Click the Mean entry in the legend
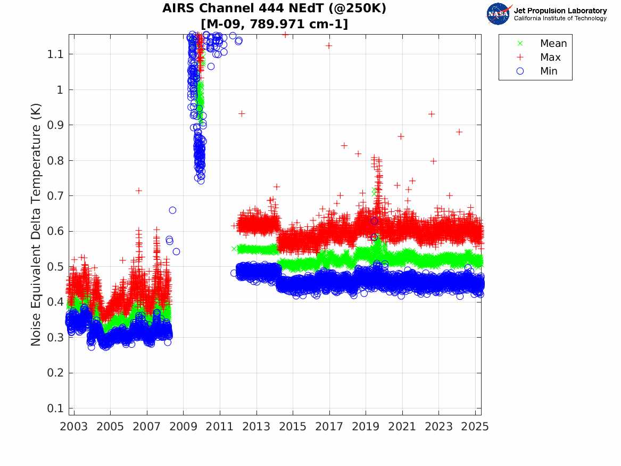(x=553, y=43)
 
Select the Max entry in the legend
(x=550, y=57)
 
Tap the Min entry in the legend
(x=549, y=71)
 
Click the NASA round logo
(x=498, y=14)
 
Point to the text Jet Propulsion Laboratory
(x=560, y=11)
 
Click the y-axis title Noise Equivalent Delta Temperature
(x=36, y=228)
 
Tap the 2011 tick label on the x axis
(x=220, y=426)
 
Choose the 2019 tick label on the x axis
(x=366, y=426)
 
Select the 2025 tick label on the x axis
(x=475, y=426)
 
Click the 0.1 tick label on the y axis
(x=56, y=408)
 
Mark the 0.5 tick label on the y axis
(x=56, y=266)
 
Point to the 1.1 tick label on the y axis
(x=56, y=54)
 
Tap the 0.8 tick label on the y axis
(x=56, y=160)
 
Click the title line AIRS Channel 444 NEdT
(x=274, y=9)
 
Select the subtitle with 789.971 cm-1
(x=274, y=24)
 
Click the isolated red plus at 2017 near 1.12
(x=329, y=46)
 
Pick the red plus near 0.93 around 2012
(x=242, y=113)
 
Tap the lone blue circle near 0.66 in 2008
(x=172, y=210)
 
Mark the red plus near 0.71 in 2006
(x=138, y=190)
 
